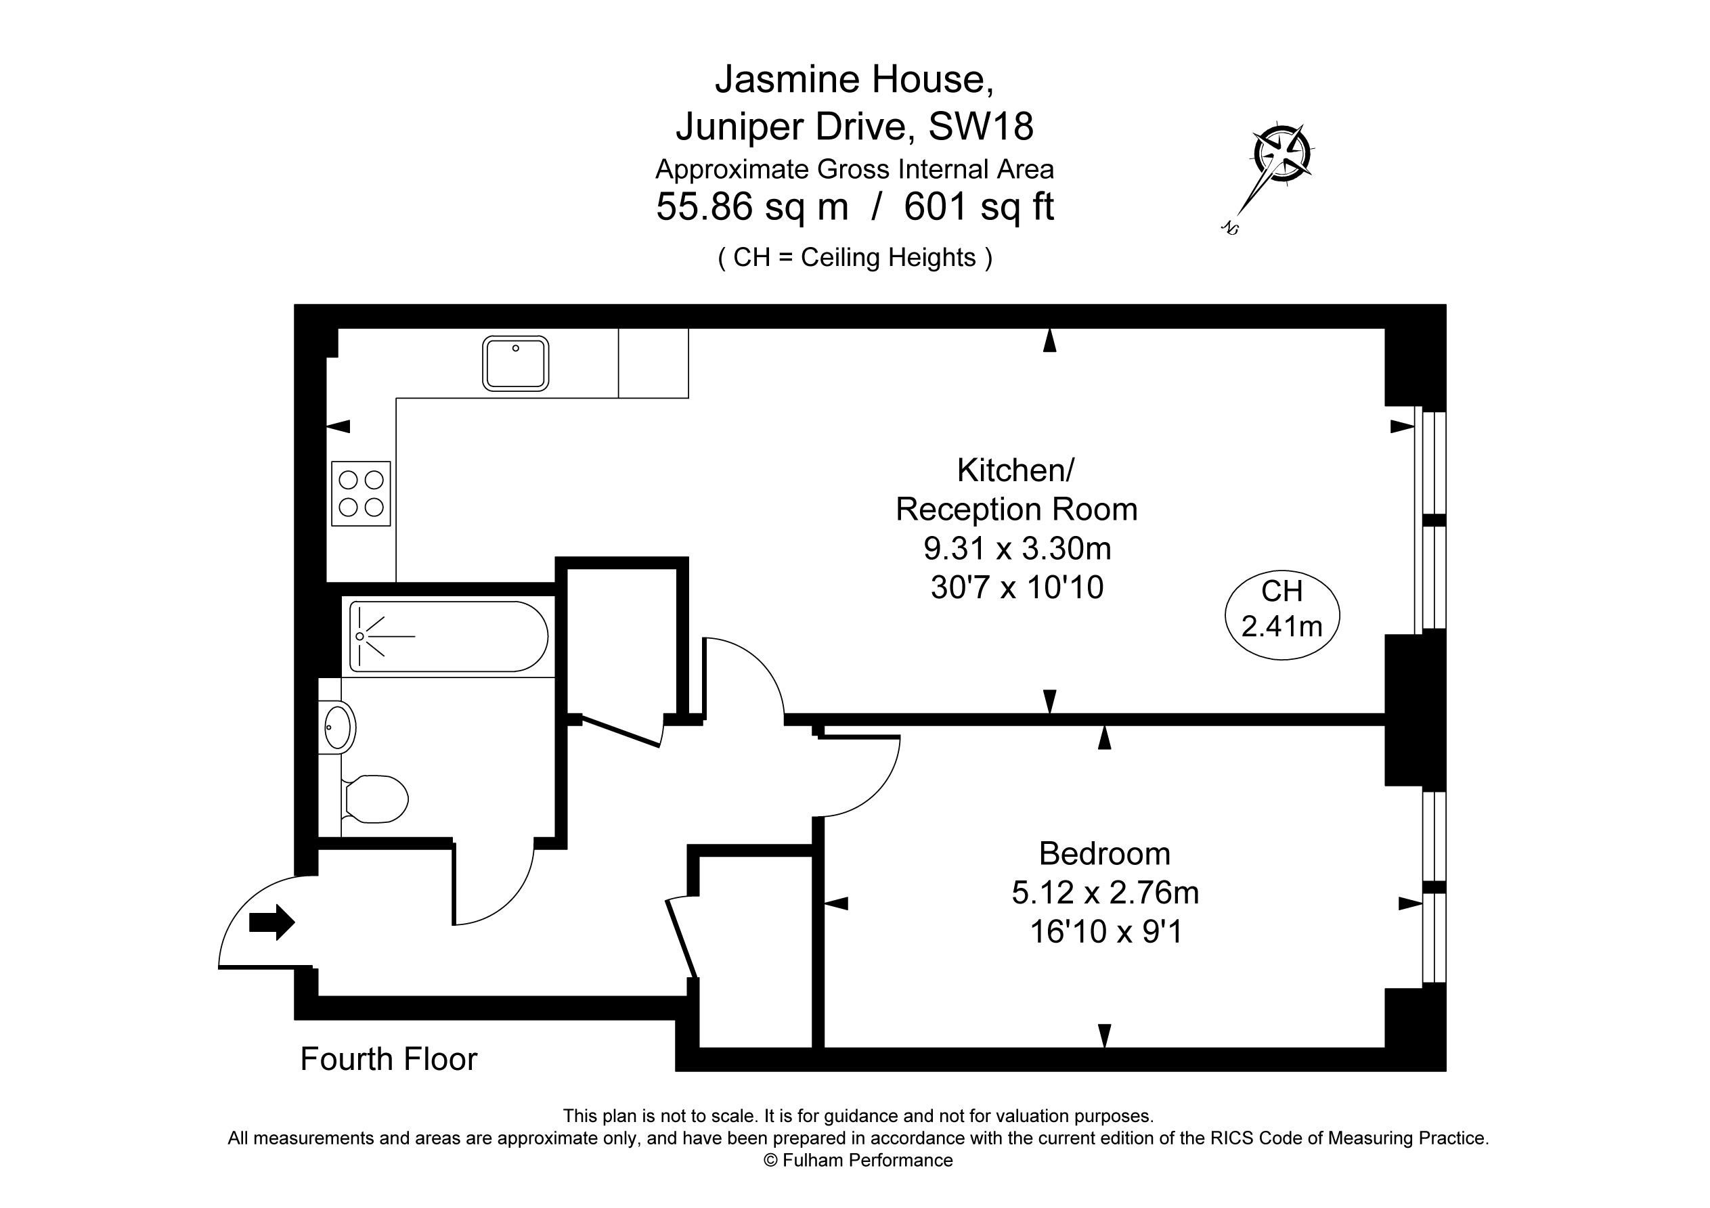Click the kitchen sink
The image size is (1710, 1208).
click(x=515, y=363)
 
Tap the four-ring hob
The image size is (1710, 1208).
click(x=361, y=494)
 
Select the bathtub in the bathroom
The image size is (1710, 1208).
click(x=449, y=637)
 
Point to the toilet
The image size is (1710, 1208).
click(x=374, y=799)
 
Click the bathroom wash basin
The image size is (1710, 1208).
click(x=337, y=727)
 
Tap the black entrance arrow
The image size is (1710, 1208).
click(x=272, y=922)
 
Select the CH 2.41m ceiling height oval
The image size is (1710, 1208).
click(x=1281, y=614)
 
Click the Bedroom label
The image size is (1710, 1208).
click(x=1105, y=853)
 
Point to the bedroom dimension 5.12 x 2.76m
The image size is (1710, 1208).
click(x=1105, y=892)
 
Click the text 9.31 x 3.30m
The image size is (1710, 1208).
click(x=1017, y=549)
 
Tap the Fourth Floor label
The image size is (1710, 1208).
click(x=389, y=1059)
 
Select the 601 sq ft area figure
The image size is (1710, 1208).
click(x=979, y=207)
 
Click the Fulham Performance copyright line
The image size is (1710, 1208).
click(x=858, y=1161)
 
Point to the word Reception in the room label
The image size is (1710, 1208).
click(x=964, y=510)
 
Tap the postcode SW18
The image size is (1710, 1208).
click(x=981, y=127)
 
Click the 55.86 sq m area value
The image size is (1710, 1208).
click(x=752, y=207)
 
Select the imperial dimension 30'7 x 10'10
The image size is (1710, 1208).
click(x=1017, y=587)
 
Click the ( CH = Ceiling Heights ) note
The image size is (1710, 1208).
click(x=855, y=258)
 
